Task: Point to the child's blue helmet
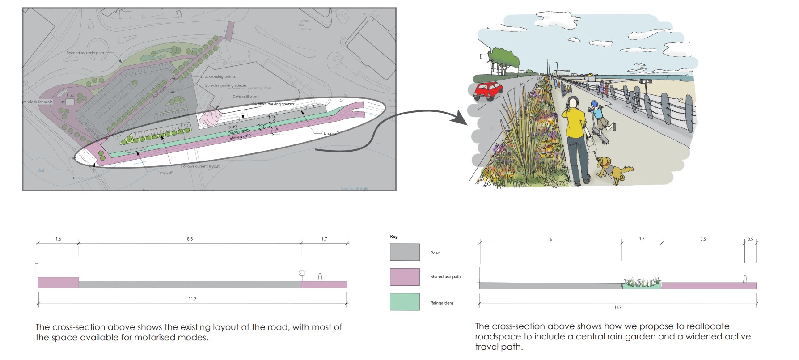[594, 104]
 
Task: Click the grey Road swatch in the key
[405, 252]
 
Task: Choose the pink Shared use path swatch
[405, 277]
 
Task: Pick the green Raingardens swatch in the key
[405, 302]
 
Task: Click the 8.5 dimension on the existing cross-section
[190, 239]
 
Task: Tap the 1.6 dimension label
[58, 239]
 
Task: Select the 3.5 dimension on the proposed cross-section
[703, 239]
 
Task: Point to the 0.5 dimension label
[750, 239]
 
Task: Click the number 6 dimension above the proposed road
[551, 240]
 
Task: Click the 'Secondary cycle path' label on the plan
[85, 53]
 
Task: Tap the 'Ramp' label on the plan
[78, 178]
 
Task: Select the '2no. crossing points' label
[218, 77]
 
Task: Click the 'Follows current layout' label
[200, 166]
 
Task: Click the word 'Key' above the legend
[393, 237]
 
